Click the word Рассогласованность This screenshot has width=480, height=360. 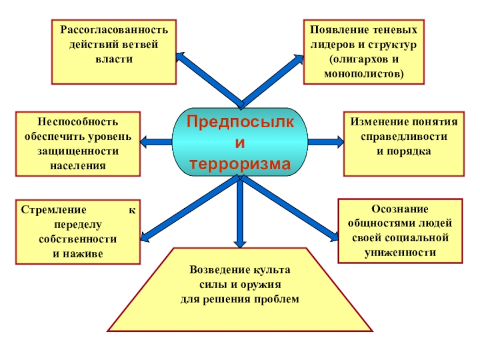click(x=113, y=29)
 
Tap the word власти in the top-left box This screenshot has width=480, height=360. click(x=113, y=60)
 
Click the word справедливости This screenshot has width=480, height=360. click(x=404, y=136)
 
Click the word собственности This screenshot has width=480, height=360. click(x=77, y=239)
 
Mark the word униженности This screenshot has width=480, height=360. click(x=400, y=253)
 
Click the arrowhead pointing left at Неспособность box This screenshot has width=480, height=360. click(x=146, y=142)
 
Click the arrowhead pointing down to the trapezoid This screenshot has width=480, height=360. click(x=239, y=242)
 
